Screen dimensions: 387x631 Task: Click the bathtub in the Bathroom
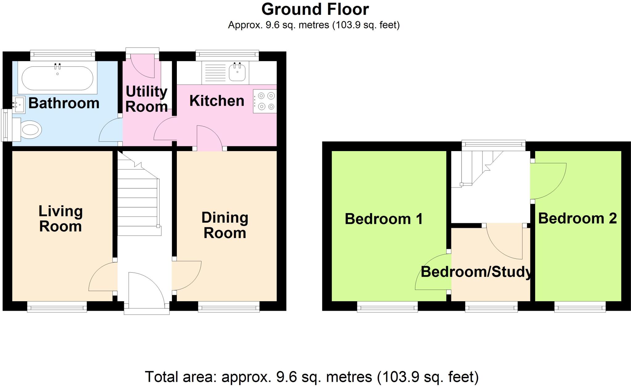click(57, 78)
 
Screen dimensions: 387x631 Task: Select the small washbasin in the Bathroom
click(19, 105)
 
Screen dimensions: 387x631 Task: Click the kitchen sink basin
click(237, 73)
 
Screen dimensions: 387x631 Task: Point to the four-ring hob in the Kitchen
click(266, 101)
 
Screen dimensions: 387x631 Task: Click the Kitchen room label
click(217, 101)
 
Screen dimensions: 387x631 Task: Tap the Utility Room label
click(146, 99)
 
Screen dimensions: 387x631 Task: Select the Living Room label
click(61, 219)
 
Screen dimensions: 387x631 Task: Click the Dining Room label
click(225, 225)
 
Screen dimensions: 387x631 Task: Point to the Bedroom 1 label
click(384, 219)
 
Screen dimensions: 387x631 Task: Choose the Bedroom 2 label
click(577, 218)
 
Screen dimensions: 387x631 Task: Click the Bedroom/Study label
click(476, 272)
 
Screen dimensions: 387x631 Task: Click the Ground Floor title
click(315, 9)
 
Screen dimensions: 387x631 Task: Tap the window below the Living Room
click(57, 307)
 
